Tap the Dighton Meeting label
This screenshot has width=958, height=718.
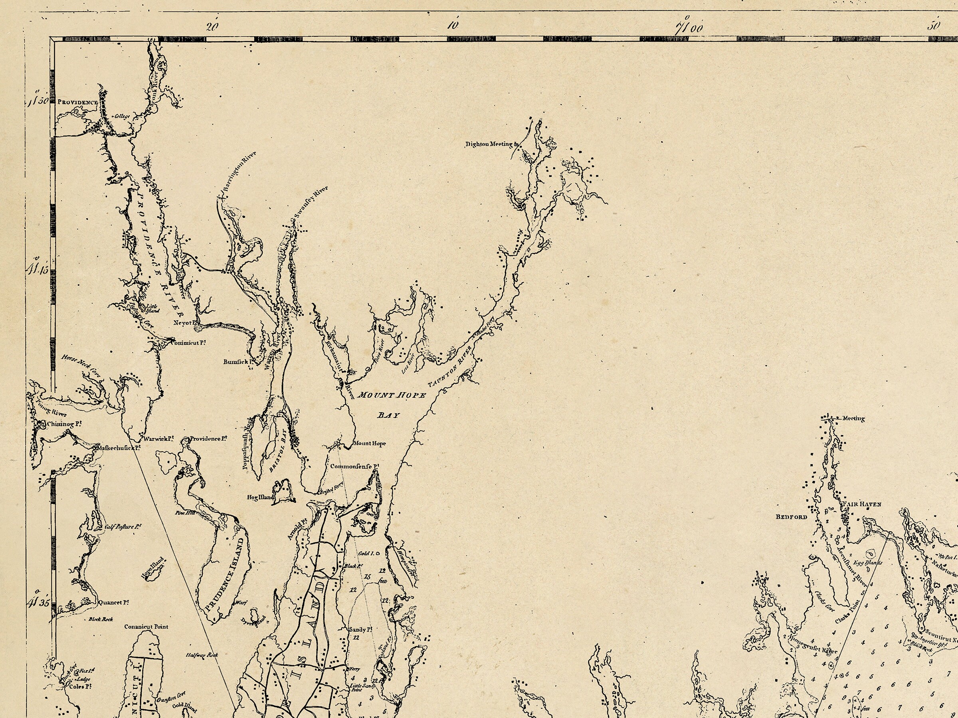[489, 144]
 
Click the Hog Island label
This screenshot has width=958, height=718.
[261, 497]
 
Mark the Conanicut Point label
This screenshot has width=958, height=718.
[146, 626]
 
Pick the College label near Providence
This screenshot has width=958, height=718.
[122, 116]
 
